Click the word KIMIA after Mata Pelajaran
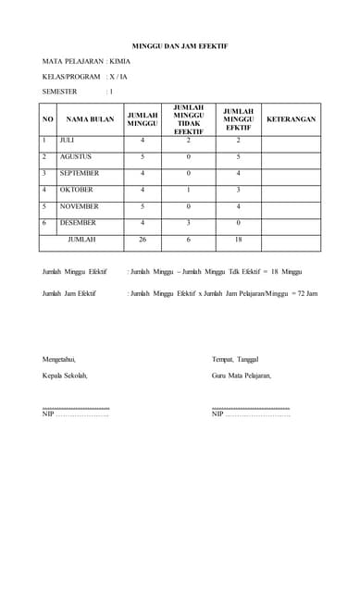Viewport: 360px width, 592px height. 119,60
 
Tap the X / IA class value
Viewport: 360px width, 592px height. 118,76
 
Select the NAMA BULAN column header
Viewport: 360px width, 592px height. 90,119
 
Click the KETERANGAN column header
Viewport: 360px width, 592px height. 291,119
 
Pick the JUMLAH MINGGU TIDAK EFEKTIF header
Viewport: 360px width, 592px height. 188,119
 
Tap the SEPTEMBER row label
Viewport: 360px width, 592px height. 80,173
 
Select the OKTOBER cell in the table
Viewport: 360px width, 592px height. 76,190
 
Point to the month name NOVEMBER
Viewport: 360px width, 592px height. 79,206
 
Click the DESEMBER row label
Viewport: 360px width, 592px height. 78,223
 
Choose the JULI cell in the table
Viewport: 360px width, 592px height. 67,140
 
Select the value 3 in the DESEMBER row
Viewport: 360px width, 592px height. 188,223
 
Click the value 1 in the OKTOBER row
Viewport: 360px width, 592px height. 188,190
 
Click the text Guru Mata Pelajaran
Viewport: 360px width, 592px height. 242,375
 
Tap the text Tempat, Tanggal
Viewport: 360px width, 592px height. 235,358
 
